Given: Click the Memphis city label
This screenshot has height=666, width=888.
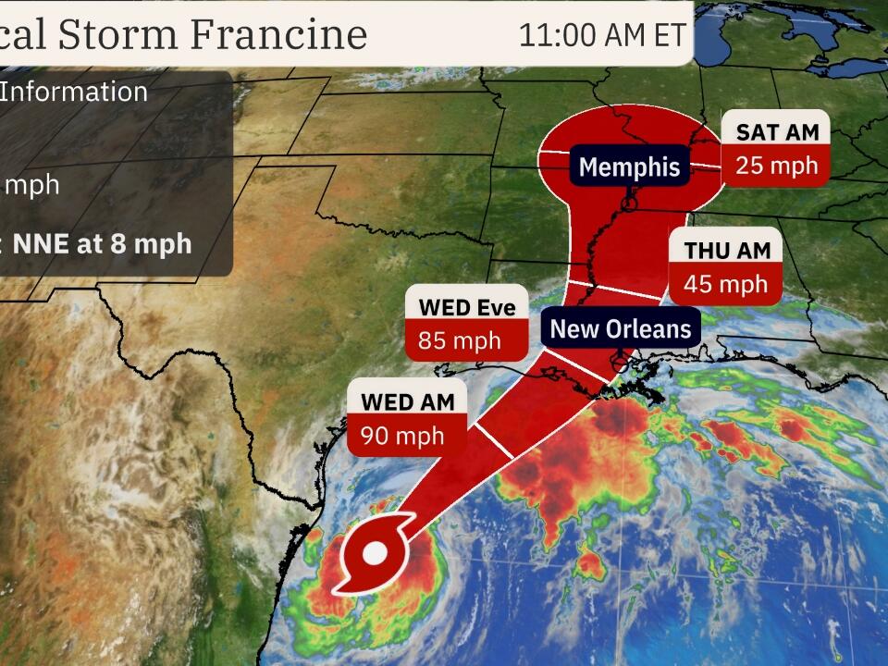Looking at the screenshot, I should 630,167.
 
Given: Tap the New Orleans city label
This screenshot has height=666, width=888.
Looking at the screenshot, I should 620,328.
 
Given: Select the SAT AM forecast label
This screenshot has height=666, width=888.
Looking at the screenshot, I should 777,132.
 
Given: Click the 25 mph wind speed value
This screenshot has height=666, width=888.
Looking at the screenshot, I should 777,166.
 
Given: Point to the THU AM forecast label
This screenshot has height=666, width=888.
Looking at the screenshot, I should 726,250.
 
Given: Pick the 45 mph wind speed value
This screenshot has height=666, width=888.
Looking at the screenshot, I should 726,284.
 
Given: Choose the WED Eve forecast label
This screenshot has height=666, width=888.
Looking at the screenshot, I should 467,307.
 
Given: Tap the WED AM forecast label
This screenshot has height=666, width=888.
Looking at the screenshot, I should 407,401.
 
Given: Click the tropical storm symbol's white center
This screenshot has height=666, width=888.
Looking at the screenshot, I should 375,554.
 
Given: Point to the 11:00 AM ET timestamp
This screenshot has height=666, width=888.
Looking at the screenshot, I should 602,34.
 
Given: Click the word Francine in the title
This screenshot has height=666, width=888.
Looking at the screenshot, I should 278,34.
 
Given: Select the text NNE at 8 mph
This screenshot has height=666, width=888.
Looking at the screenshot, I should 102,243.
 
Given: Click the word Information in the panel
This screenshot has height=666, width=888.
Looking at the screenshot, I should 74,92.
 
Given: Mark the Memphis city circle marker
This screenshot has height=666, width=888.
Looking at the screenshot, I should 629,203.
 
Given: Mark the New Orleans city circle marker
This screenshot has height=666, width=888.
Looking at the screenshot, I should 619,364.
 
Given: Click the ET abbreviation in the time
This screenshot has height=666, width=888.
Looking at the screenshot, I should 669,34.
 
